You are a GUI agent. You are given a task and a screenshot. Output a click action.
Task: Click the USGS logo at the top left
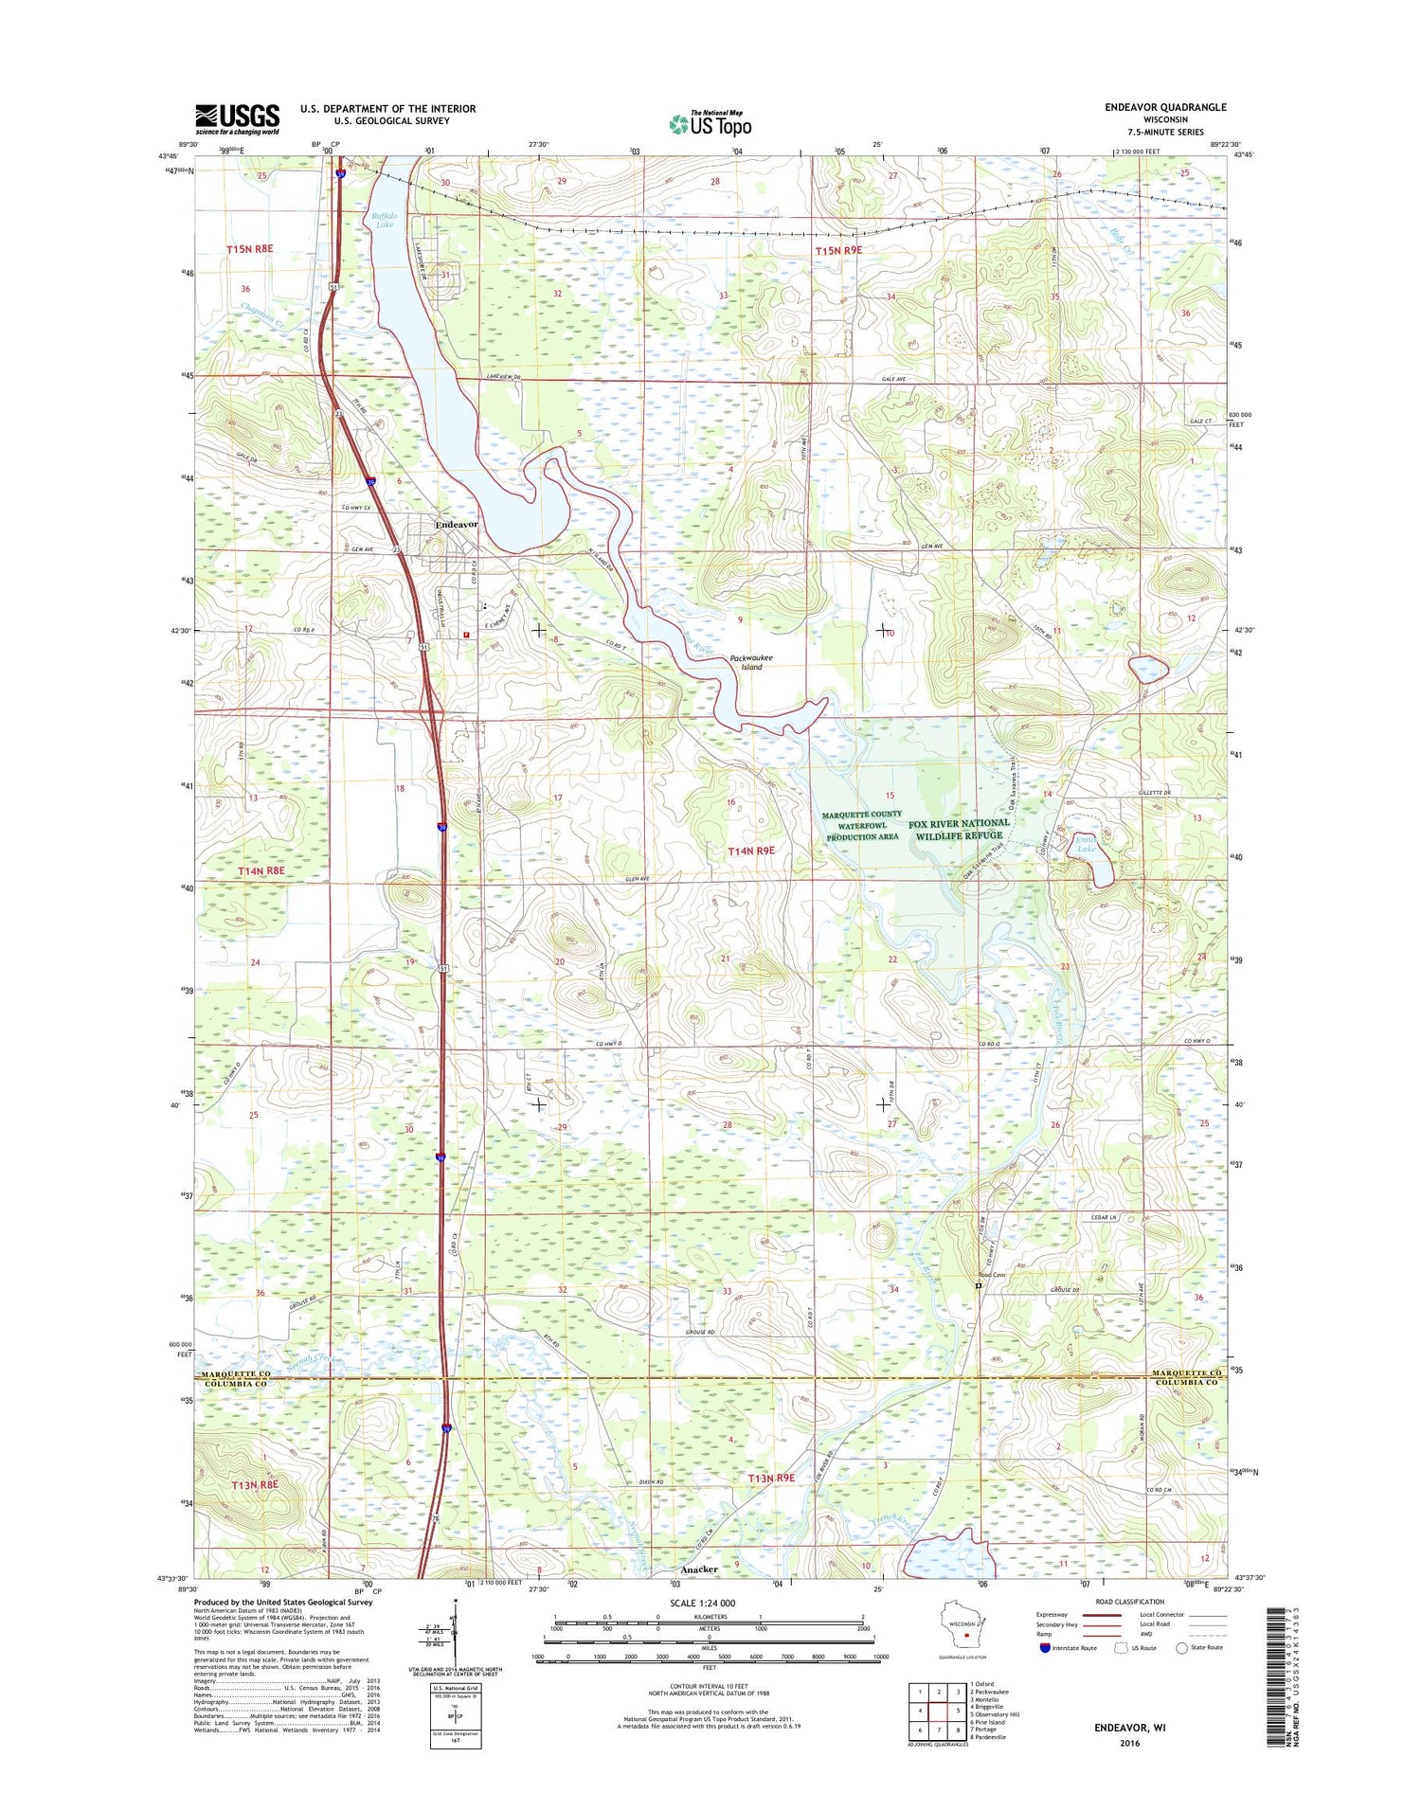coord(237,118)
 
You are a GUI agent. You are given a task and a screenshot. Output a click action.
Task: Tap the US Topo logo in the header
coord(710,122)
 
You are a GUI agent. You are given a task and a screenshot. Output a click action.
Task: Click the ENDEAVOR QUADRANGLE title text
coord(1164,107)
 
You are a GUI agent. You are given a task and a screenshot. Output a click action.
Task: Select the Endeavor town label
coord(456,524)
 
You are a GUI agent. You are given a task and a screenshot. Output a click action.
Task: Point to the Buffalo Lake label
coord(384,220)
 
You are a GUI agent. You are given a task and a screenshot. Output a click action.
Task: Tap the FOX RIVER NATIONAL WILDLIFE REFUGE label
coord(958,829)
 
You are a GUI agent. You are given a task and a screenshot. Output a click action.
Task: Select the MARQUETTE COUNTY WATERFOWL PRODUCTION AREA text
coord(861,825)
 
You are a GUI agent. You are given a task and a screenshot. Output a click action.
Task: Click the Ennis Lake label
coord(1086,843)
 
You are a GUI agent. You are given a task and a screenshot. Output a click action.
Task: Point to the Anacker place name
coord(699,1569)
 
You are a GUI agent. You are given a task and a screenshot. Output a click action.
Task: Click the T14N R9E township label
coord(750,851)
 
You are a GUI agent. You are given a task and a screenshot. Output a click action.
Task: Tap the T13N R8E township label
coord(255,1484)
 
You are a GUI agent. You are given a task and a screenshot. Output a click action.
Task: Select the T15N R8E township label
coord(249,248)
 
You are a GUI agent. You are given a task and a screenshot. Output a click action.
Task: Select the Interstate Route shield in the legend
coord(1045,1647)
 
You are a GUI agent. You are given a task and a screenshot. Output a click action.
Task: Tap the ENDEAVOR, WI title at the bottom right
coord(1129,1727)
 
